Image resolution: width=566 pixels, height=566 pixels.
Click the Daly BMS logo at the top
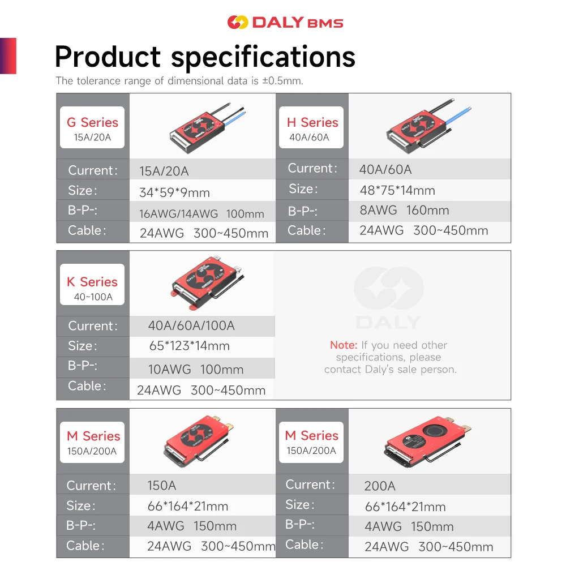[x=285, y=23]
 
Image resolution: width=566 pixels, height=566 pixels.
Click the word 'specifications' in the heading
[x=263, y=57]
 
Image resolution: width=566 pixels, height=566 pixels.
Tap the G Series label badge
[x=92, y=127]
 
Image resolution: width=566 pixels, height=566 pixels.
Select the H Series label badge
[x=311, y=127]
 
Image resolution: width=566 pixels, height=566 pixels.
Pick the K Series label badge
[x=92, y=285]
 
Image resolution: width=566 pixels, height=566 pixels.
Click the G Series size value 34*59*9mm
[x=175, y=192]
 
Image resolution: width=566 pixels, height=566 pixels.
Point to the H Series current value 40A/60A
[x=385, y=169]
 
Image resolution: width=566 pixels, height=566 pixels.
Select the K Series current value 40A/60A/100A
[x=191, y=325]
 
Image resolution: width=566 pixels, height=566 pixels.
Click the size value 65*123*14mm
[x=190, y=346]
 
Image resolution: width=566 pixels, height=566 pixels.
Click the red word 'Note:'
[x=344, y=345]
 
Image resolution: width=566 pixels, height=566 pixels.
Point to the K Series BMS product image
[x=207, y=282]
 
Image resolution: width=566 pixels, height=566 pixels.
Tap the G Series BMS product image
[x=206, y=128]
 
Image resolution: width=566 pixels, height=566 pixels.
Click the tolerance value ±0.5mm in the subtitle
[x=282, y=81]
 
